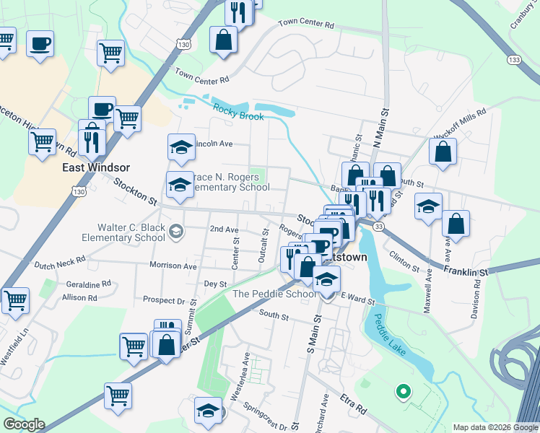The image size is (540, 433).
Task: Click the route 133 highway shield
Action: pos(514,59)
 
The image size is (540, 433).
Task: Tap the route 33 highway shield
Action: pos(378,226)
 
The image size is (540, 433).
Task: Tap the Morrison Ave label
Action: pos(173,266)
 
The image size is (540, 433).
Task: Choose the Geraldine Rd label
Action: pos(87,284)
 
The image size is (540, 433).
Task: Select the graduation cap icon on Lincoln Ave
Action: pos(181,148)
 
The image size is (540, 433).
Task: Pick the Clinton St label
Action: pos(404,261)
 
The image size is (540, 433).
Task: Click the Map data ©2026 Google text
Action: pos(495,427)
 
